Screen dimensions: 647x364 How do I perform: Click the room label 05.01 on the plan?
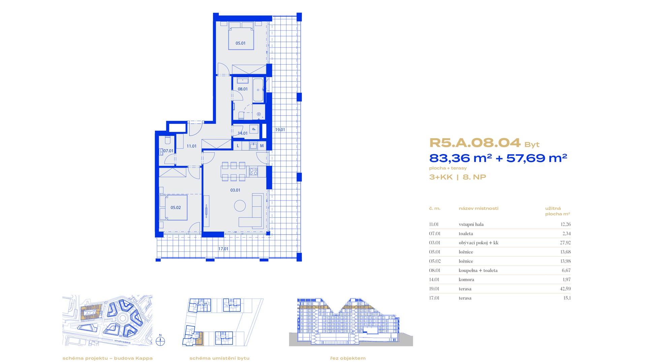(241, 43)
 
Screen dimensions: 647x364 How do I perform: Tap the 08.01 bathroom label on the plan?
(243, 89)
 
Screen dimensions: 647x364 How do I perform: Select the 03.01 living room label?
(235, 190)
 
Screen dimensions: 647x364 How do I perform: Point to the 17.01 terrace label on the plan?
(223, 249)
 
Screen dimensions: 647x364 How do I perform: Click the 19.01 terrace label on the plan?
(280, 129)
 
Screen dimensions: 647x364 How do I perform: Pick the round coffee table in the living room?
(240, 206)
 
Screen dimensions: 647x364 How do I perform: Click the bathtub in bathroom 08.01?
(258, 90)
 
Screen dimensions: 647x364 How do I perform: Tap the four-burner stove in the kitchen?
(253, 172)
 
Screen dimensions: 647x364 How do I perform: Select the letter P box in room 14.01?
(254, 129)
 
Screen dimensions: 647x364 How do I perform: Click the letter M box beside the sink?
(262, 146)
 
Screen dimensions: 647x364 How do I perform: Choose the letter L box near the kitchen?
(238, 146)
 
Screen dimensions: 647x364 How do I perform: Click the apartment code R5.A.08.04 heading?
(475, 143)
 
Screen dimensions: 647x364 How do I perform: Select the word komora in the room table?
(466, 279)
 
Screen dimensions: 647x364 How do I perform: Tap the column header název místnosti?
(479, 208)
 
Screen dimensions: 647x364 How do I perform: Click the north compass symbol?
(160, 341)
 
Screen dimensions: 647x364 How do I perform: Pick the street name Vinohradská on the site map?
(124, 341)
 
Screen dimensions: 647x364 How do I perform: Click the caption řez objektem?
(348, 358)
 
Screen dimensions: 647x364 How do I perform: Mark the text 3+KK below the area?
(441, 177)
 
